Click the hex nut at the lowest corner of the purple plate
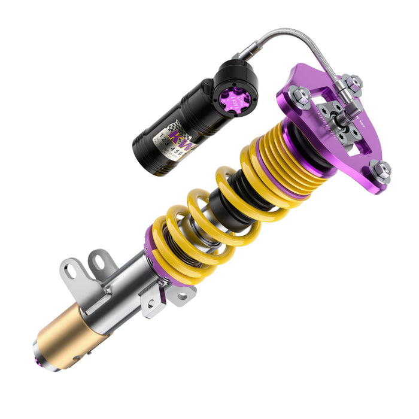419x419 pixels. point(379,172)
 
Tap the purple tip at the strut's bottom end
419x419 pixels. point(41,357)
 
